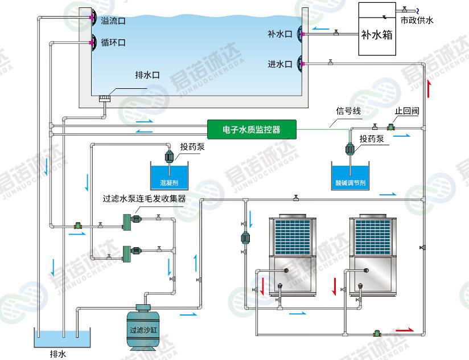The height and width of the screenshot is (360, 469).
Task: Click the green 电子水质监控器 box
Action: [x=252, y=129]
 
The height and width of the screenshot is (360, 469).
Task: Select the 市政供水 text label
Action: [x=417, y=21]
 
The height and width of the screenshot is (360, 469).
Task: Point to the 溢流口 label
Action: [x=113, y=21]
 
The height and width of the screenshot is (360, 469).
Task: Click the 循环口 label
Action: [x=113, y=43]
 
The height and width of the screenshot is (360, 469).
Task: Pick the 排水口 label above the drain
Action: [x=147, y=75]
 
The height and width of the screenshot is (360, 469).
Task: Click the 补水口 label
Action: [x=279, y=34]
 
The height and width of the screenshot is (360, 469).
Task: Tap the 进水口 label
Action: [x=279, y=64]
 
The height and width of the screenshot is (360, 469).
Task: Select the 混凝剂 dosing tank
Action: [x=169, y=176]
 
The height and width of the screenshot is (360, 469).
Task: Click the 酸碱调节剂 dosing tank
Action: [x=350, y=176]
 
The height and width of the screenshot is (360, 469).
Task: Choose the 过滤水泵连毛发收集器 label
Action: [x=144, y=199]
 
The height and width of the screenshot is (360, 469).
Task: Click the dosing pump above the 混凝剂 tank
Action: [x=169, y=155]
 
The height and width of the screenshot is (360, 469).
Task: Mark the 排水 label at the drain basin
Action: [x=58, y=354]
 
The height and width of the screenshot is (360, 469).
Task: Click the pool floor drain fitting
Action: [x=104, y=99]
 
